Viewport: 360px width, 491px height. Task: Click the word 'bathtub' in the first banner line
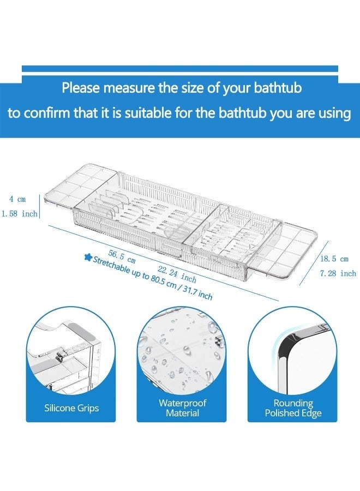click(x=272, y=87)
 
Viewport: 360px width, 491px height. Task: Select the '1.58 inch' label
click(x=19, y=214)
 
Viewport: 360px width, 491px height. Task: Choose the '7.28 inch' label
click(x=338, y=273)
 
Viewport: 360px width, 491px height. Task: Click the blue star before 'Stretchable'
click(x=87, y=258)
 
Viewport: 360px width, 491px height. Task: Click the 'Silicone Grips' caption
click(x=71, y=408)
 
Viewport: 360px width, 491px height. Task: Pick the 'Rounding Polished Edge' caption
click(x=293, y=408)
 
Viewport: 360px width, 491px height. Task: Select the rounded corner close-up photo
click(x=293, y=355)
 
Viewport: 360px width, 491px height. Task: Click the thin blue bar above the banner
click(x=179, y=69)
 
